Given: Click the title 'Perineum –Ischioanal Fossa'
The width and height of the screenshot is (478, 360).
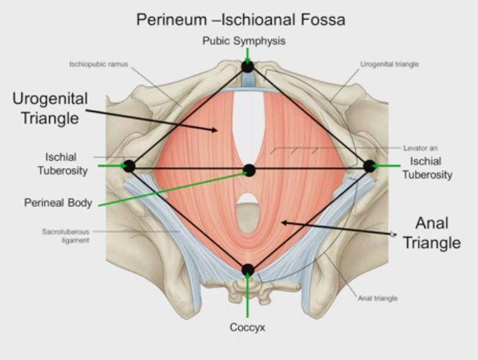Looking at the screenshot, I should pos(240,20).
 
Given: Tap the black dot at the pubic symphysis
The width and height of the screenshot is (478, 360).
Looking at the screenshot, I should pos(247,66).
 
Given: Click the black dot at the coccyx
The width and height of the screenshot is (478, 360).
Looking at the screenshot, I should pos(247,270).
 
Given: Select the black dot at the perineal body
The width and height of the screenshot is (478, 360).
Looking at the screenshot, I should pos(248,171).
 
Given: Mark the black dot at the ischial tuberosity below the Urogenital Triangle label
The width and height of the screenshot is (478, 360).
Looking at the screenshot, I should pos(129,166).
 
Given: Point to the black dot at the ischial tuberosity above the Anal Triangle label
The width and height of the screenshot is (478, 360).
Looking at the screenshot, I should pos(369,166).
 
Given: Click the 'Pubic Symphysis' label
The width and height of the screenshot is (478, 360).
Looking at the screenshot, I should pos(244,41).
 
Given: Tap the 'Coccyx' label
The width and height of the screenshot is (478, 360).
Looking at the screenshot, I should pos(247,327).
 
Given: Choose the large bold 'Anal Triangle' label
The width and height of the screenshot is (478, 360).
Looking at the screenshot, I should pos(432,232).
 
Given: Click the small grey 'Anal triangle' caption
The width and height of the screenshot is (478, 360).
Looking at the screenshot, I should pos(378,299).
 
